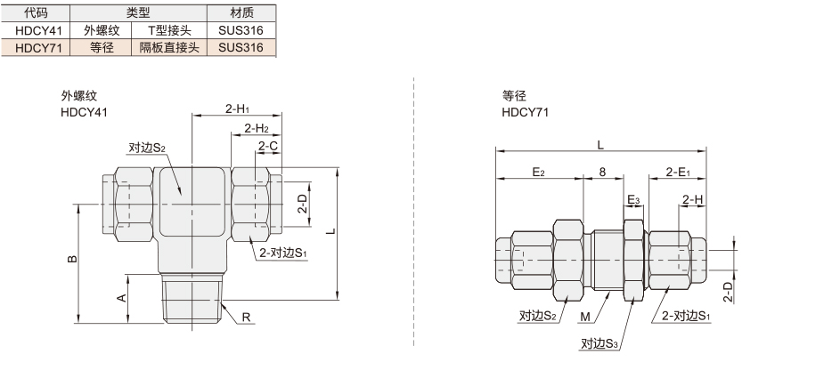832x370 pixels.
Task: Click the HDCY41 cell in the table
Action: [x=36, y=30]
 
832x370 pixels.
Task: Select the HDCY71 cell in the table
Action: [x=36, y=48]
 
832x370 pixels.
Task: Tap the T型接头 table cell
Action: [x=169, y=30]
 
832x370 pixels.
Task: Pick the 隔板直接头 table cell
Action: [x=169, y=48]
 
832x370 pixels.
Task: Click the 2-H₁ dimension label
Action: [x=237, y=109]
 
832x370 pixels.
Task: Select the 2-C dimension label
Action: [x=268, y=146]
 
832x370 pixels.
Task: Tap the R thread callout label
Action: [x=246, y=318]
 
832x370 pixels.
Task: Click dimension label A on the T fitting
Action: [x=122, y=298]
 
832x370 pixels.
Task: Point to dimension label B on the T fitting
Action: [x=73, y=259]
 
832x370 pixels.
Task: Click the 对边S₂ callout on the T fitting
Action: [x=147, y=148]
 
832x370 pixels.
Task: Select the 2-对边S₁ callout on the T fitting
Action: [x=282, y=253]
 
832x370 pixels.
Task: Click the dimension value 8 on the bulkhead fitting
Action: [x=602, y=173]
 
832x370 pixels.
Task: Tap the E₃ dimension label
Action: [x=633, y=200]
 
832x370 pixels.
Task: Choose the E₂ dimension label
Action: [x=538, y=173]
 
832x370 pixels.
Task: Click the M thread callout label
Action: [x=585, y=317]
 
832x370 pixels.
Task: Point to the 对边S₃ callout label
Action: [x=600, y=344]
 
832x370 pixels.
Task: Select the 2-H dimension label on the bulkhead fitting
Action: [x=693, y=200]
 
